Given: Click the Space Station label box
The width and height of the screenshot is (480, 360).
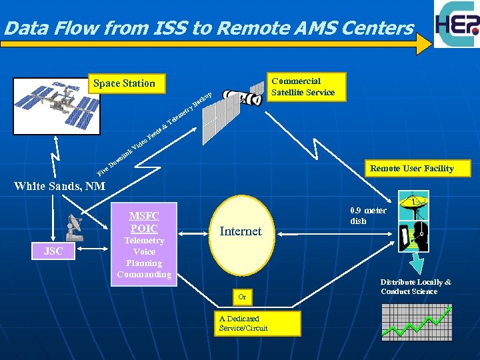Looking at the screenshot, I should [x=124, y=83].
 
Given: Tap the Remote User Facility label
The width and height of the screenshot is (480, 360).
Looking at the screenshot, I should [x=411, y=169].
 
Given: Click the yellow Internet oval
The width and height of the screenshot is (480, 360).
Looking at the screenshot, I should [x=241, y=232].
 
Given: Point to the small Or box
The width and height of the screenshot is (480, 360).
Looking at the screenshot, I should [x=242, y=295].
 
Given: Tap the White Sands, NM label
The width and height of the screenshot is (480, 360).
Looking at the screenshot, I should [x=60, y=186].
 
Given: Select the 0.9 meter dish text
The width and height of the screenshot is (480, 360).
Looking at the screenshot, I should [x=367, y=215].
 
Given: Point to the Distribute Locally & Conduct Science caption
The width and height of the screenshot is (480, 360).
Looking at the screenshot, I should [x=415, y=287].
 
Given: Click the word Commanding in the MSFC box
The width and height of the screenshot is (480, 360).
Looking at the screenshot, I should [x=144, y=275].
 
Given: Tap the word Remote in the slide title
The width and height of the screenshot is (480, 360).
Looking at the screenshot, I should [x=257, y=29].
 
